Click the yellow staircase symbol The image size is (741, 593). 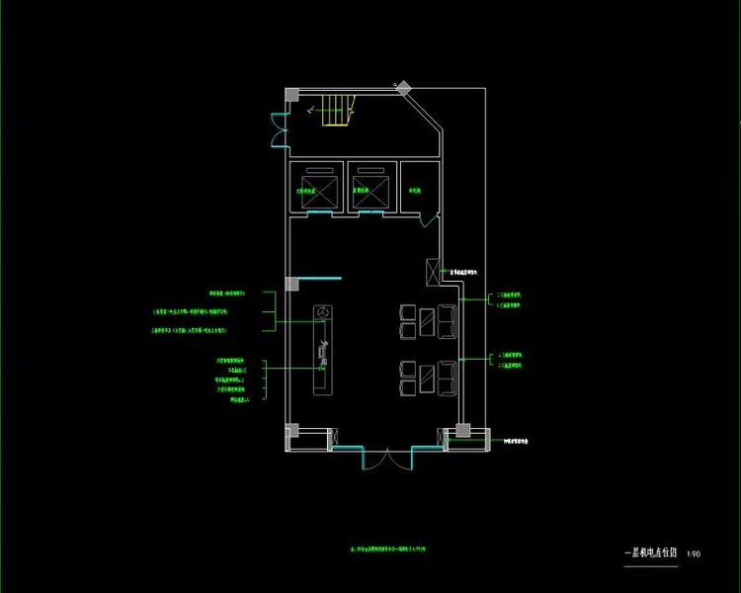(x=337, y=112)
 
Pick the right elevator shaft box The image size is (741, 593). (x=371, y=189)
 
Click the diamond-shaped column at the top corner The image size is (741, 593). (x=403, y=88)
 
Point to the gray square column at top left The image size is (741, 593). (x=292, y=95)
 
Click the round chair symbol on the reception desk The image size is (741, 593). (x=321, y=311)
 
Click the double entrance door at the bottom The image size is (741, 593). (x=387, y=458)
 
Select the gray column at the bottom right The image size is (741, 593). (x=461, y=431)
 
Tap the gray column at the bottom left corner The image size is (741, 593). (x=292, y=431)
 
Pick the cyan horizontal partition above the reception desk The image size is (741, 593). (x=319, y=281)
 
